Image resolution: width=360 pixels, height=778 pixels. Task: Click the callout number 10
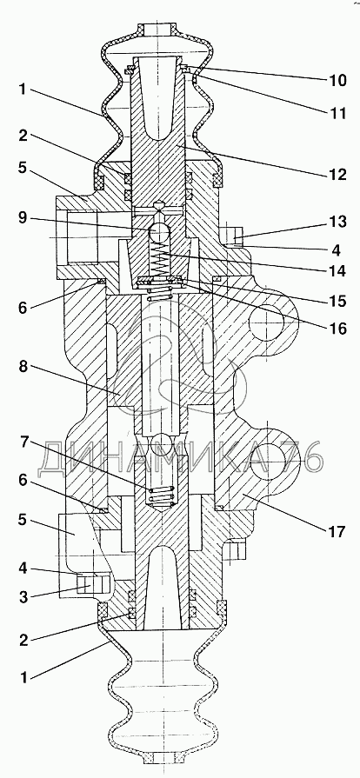pos(337,80)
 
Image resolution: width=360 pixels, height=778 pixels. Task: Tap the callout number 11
pos(337,113)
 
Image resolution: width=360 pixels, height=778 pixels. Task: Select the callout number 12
pos(337,175)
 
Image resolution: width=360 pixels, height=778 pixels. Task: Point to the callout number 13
pos(337,222)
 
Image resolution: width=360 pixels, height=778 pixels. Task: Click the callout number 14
pos(337,271)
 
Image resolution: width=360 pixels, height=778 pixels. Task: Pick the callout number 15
pos(337,301)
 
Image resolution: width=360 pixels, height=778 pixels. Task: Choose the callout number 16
pos(337,329)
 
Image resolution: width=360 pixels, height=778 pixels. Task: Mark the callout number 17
pos(337,532)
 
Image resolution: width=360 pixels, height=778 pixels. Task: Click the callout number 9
pos(23,217)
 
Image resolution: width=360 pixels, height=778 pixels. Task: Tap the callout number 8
pos(23,367)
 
